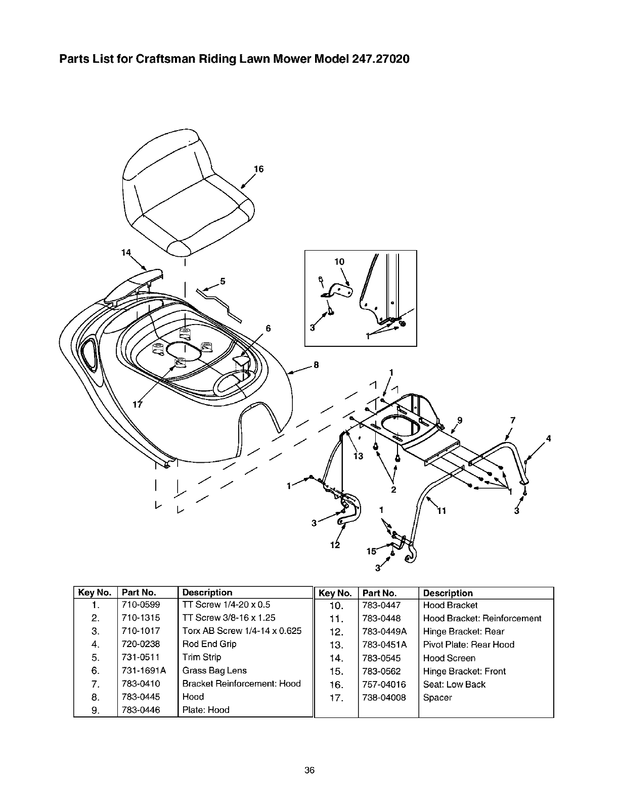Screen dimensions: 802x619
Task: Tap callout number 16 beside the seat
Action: [259, 169]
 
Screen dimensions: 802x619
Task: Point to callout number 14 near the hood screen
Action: [126, 252]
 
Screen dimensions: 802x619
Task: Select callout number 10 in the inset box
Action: [339, 262]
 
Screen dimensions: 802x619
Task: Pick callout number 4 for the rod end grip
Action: [548, 438]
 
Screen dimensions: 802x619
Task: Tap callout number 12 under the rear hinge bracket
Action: [334, 545]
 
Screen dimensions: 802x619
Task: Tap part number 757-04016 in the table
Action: [384, 685]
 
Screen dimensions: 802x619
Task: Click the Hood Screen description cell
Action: [449, 658]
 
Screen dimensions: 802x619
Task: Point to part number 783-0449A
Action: [384, 631]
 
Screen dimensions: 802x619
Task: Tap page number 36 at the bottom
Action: [309, 771]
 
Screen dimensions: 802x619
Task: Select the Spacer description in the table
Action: [437, 698]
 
